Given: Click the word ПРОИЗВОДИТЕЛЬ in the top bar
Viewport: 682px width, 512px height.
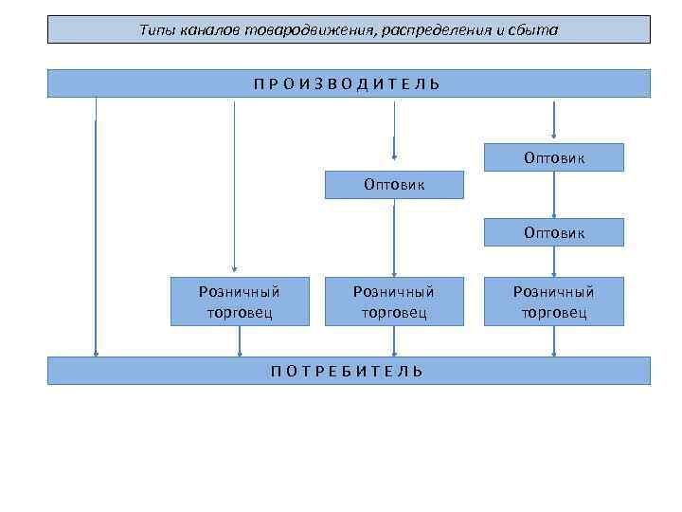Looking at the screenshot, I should pyautogui.click(x=347, y=83).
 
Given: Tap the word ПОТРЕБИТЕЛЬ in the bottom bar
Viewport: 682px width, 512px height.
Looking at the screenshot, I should pyautogui.click(x=347, y=371).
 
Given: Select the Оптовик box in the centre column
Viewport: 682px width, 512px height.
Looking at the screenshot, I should pyautogui.click(x=394, y=184).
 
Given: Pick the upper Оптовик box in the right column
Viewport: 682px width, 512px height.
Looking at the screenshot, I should pyautogui.click(x=554, y=157).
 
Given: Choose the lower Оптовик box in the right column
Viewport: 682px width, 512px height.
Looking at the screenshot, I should pyautogui.click(x=554, y=232).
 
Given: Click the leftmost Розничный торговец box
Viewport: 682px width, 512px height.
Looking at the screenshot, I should pyautogui.click(x=240, y=301).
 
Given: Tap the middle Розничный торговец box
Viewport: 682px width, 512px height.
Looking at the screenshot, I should pyautogui.click(x=394, y=301).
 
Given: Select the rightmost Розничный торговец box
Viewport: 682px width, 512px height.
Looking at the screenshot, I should pyautogui.click(x=554, y=301).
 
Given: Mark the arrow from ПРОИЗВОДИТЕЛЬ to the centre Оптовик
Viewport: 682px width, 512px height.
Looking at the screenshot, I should pyautogui.click(x=394, y=128).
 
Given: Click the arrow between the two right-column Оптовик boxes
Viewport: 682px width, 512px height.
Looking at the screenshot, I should pyautogui.click(x=554, y=194).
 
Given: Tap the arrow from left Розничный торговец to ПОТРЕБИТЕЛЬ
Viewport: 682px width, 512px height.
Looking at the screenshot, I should pyautogui.click(x=241, y=341).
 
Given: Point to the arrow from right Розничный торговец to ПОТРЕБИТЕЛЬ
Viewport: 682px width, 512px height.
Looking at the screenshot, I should pyautogui.click(x=554, y=341).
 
